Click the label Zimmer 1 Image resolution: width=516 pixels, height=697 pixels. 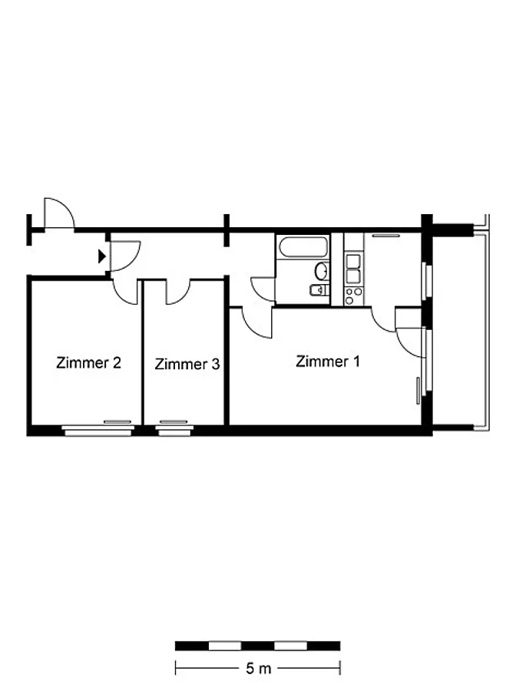point(327,361)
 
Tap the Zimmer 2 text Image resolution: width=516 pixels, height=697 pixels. point(88,363)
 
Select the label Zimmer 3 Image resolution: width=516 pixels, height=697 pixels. point(187,364)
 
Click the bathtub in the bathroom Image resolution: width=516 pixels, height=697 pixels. point(303,247)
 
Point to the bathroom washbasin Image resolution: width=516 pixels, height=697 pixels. point(322,270)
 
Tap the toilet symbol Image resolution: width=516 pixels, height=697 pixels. point(318,290)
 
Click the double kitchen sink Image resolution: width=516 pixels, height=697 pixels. point(354,269)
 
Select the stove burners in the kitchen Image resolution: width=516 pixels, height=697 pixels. point(354,296)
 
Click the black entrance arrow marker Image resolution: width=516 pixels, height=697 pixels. point(102,256)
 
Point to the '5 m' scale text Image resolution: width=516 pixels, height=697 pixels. point(258,669)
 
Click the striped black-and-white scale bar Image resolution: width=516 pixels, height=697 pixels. point(257,646)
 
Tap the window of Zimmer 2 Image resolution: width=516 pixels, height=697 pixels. point(98,430)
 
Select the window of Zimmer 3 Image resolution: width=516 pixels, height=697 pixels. point(175,430)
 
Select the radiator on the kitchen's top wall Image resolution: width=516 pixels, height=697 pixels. point(385,235)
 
